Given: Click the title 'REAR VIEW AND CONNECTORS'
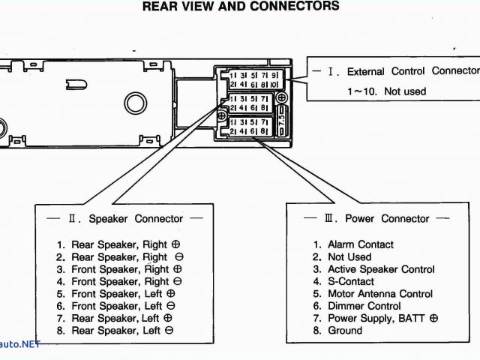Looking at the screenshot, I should click(240, 7).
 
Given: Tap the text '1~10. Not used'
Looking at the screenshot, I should click(385, 91).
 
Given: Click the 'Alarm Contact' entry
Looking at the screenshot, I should click(354, 244).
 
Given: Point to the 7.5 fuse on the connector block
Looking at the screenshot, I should click(281, 117).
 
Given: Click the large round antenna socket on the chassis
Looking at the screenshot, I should click(135, 104).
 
